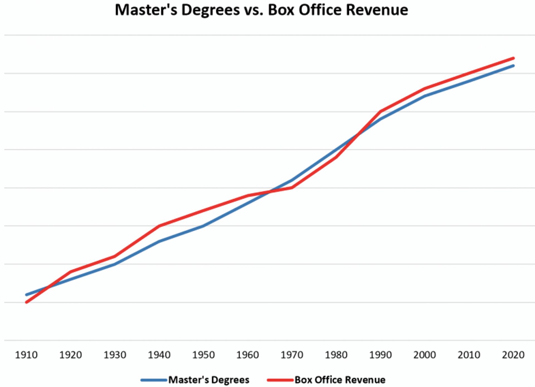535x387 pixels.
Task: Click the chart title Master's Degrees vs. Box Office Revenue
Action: (261, 10)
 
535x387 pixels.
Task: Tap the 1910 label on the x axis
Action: (26, 355)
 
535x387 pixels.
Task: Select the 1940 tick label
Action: (159, 355)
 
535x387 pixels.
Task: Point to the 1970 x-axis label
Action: (292, 355)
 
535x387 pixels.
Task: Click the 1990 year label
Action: (380, 355)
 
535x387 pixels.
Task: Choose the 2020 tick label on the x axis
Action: (513, 355)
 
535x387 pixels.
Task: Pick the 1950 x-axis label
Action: (203, 355)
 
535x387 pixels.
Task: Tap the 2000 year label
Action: (425, 355)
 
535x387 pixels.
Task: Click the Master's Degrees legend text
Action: (209, 380)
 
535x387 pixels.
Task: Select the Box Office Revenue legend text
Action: (340, 380)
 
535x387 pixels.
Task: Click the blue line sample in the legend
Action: (154, 380)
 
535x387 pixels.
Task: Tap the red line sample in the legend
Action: (280, 380)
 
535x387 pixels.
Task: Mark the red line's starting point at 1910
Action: (26, 302)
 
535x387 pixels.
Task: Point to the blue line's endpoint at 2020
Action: (513, 66)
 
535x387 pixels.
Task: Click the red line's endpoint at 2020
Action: (513, 58)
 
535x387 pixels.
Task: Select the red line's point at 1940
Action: (159, 226)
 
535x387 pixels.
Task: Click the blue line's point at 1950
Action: (203, 226)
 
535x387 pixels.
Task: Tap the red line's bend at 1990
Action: (380, 112)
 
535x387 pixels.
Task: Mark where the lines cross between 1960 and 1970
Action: (270, 192)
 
